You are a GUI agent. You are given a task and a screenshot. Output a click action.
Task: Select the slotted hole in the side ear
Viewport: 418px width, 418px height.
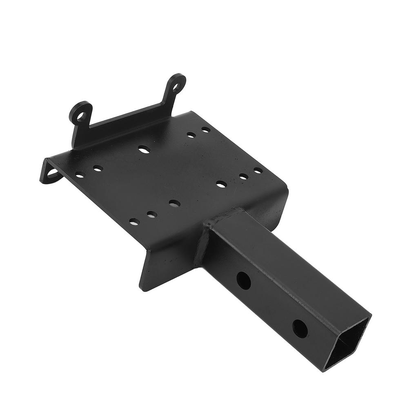tap(52, 173)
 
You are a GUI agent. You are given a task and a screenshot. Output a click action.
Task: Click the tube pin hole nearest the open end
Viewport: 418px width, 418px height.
tap(300, 328)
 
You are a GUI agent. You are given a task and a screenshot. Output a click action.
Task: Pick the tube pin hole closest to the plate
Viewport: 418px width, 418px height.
tap(244, 280)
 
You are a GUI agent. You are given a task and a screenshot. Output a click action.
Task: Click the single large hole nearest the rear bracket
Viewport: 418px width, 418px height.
tap(144, 149)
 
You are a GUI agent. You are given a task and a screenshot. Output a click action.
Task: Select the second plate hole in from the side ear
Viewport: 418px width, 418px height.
tap(98, 168)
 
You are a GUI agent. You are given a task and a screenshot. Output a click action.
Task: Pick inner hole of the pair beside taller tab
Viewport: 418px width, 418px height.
tap(191, 134)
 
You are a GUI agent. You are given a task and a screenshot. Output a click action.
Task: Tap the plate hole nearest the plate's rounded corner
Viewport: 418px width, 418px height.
tap(258, 170)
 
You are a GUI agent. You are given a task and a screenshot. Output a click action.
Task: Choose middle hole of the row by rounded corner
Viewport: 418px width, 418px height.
tap(243, 176)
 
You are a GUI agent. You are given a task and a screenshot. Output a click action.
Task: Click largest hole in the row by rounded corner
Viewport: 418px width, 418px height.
tap(222, 184)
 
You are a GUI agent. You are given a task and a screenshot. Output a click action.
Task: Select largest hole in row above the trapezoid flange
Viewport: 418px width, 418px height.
tap(175, 203)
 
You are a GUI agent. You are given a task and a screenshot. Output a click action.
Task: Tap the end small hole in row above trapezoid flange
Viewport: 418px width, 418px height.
tap(134, 222)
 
